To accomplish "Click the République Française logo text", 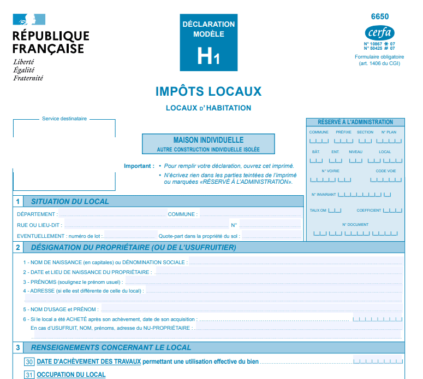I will pyautogui.click(x=51, y=42).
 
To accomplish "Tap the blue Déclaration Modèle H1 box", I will pyautogui.click(x=208, y=43).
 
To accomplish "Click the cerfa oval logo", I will pyautogui.click(x=379, y=32).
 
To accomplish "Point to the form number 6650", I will pyautogui.click(x=380, y=16).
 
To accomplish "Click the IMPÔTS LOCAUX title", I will pyautogui.click(x=208, y=91).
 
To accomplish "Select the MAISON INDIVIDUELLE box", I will pyautogui.click(x=208, y=144).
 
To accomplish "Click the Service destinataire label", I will pyautogui.click(x=64, y=119).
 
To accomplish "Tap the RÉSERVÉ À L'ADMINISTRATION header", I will pyautogui.click(x=355, y=122).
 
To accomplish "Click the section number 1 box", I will pyautogui.click(x=18, y=201).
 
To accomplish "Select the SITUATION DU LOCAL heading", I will pyautogui.click(x=70, y=201).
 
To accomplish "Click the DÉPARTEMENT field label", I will pyautogui.click(x=37, y=214).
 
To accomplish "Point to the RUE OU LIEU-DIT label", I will pyautogui.click(x=39, y=225).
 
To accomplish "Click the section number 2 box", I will pyautogui.click(x=18, y=248).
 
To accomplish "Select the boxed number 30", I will pyautogui.click(x=29, y=361).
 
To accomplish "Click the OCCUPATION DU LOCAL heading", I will pyautogui.click(x=71, y=375).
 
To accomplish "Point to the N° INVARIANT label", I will pyautogui.click(x=324, y=194).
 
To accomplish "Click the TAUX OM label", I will pyautogui.click(x=318, y=210).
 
